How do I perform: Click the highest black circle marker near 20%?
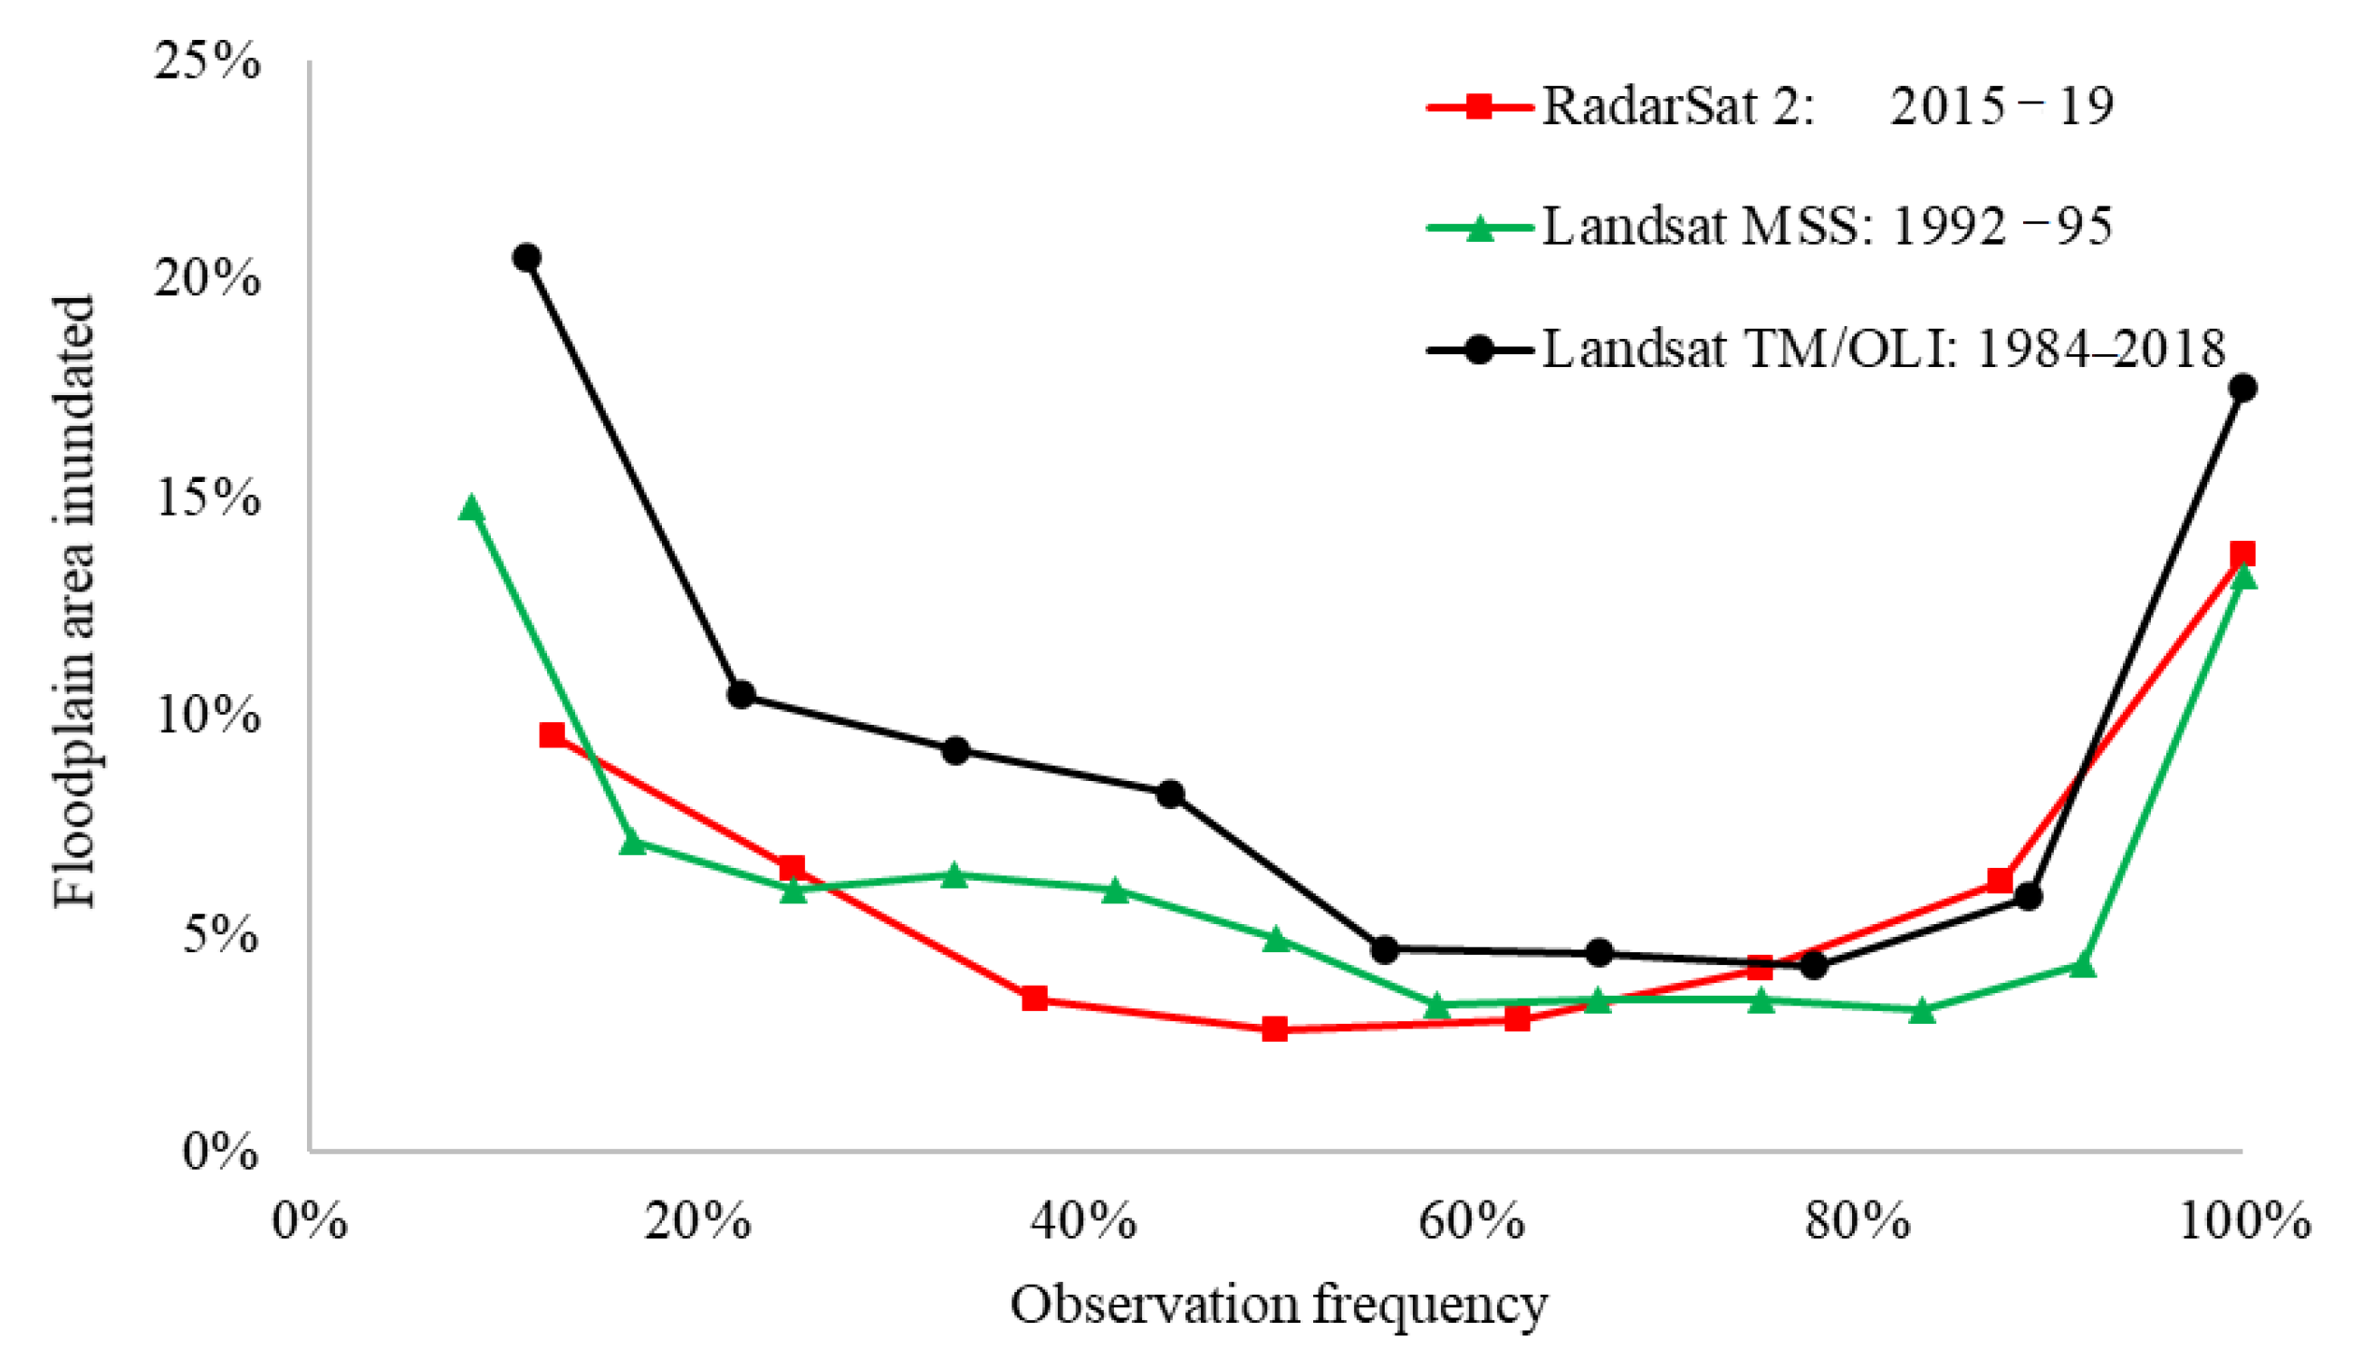(526, 257)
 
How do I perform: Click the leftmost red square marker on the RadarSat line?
(552, 735)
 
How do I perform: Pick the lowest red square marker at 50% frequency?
(1274, 1029)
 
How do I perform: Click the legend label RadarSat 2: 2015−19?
(1827, 106)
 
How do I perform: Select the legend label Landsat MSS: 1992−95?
(1827, 226)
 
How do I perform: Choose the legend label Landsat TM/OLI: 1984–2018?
(1883, 349)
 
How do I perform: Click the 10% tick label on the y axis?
(208, 715)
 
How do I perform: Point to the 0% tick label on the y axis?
(220, 1151)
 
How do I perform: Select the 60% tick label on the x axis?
(1471, 1224)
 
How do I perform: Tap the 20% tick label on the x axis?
(697, 1224)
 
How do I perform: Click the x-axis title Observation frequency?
(1279, 1305)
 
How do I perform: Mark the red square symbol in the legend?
(1478, 106)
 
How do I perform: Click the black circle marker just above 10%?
(740, 694)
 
